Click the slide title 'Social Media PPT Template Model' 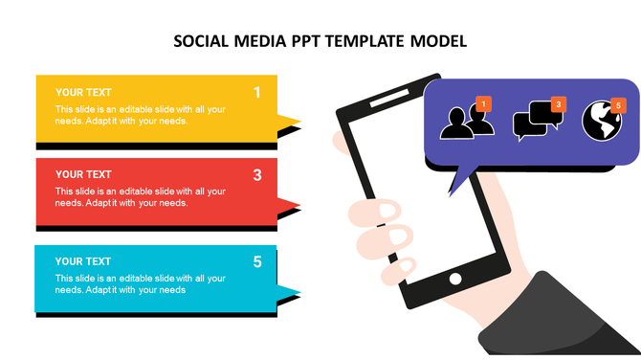point(320,41)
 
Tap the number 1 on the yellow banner point(256,93)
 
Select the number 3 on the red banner point(256,175)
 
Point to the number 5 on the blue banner point(256,261)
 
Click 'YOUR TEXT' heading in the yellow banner point(83,93)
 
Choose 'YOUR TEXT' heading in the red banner point(83,174)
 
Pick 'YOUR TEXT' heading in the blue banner point(83,261)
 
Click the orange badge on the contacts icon point(483,103)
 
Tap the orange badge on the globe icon point(618,104)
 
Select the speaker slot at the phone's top point(387,98)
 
